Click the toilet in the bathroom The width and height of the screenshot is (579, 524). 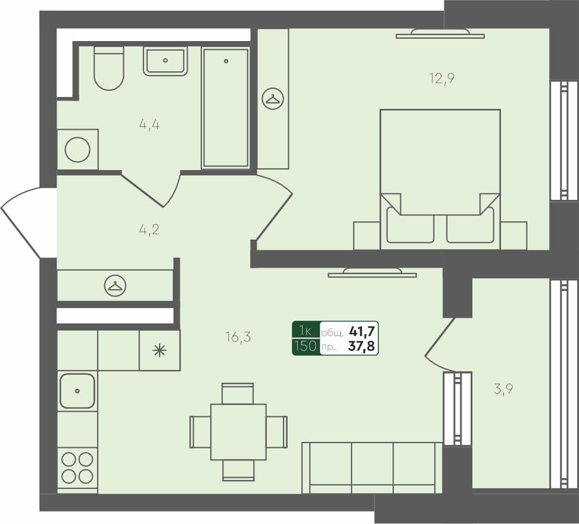coord(109,68)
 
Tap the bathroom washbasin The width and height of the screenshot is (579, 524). coord(165,61)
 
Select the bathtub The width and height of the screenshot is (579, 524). coord(225,108)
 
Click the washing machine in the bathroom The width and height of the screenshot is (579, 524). coord(77,149)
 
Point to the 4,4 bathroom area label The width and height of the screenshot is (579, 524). coord(149,125)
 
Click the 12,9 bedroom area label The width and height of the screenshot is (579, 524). coord(441,78)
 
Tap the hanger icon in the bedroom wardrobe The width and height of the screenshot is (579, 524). coord(273,99)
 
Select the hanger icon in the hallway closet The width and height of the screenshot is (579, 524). coord(115,286)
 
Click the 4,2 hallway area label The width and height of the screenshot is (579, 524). coord(149,228)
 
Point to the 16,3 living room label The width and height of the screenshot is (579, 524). coord(238,337)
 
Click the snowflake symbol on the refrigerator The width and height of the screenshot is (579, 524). coord(159,350)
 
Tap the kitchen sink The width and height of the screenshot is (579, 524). coord(77,391)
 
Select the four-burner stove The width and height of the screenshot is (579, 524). coord(77,467)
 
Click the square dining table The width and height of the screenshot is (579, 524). coord(238,432)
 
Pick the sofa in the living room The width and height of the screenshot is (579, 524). coord(372,467)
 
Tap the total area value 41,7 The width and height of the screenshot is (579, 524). coord(363,331)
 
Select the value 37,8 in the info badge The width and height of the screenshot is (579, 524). coord(363,346)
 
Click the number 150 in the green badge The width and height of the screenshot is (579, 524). coord(306,346)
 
